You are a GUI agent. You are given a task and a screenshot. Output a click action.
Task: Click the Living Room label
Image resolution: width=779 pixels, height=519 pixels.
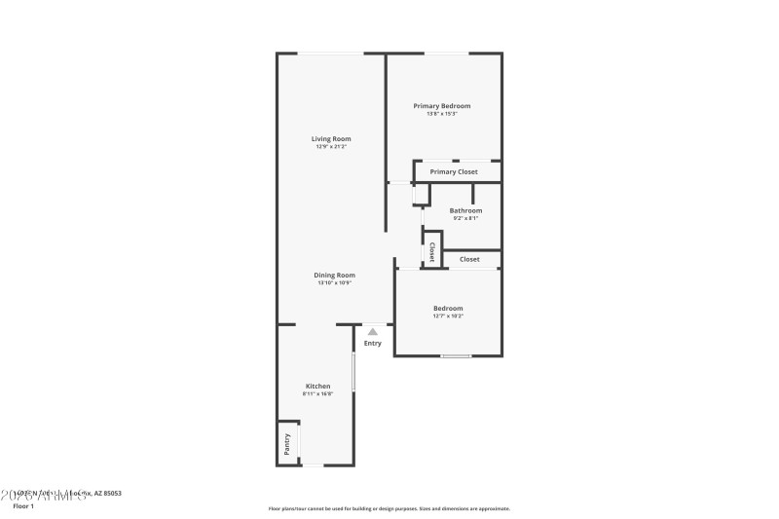[331, 139]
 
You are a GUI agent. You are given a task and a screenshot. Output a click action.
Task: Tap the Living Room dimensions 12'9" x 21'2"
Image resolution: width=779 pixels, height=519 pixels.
[331, 147]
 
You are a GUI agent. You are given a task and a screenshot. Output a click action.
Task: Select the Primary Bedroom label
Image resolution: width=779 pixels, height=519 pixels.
[442, 105]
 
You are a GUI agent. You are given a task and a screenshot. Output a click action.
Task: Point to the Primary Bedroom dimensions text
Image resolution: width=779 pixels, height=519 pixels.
[442, 114]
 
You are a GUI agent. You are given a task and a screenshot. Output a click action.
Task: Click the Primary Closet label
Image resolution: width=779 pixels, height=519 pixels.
[454, 172]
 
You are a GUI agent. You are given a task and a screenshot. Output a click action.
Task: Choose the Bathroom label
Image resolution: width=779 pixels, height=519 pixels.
[465, 210]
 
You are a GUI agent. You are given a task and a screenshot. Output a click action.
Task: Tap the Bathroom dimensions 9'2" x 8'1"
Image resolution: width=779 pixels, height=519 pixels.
[465, 218]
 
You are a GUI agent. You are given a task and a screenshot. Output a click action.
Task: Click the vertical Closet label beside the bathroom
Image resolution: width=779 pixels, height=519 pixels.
[431, 252]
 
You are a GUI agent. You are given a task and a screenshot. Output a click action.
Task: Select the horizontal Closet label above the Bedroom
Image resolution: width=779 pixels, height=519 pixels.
[469, 260]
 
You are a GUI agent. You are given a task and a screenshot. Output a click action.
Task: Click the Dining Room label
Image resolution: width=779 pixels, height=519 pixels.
[334, 275]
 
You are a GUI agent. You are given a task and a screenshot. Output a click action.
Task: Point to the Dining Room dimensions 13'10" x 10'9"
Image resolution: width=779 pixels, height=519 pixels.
[334, 283]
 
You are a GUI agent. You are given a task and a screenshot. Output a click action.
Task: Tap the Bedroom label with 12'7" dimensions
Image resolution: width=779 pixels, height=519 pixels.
[448, 309]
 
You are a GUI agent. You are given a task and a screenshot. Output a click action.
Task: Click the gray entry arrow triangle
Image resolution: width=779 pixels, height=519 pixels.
[373, 332]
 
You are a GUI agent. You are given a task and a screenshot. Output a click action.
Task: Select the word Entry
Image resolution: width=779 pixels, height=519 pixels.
[373, 343]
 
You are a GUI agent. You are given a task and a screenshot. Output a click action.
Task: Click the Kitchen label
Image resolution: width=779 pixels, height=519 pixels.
[318, 386]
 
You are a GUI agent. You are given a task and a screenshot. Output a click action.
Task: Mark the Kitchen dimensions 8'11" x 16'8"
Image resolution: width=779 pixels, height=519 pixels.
[318, 394]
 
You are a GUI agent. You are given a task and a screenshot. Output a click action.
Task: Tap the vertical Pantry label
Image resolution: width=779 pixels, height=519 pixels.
[287, 443]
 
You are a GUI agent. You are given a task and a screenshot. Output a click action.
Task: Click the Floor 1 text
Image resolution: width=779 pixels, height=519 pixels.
[22, 506]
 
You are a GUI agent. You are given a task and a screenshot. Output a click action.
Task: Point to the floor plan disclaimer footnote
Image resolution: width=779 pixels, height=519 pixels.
[389, 508]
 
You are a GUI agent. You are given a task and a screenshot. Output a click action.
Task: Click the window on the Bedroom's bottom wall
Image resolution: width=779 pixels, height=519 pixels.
[456, 356]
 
